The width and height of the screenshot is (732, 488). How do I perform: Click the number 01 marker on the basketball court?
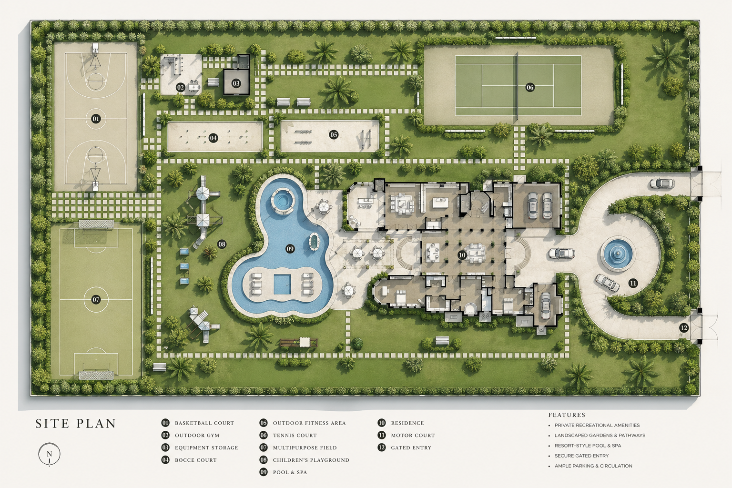click(96, 119)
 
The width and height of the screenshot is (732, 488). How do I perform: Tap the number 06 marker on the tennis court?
click(530, 87)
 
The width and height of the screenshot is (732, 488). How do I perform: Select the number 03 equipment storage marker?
click(236, 83)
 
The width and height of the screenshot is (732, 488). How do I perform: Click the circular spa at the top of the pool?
click(281, 199)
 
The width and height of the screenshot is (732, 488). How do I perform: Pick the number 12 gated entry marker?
click(683, 328)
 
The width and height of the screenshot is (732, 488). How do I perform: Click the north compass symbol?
click(50, 454)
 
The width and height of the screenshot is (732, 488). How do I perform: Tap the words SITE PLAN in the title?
click(75, 424)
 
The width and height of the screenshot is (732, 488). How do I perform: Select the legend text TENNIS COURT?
click(295, 436)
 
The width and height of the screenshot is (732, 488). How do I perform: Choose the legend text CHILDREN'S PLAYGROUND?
click(311, 460)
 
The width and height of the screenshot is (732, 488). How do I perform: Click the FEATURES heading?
click(567, 415)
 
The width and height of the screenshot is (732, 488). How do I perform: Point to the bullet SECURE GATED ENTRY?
click(582, 456)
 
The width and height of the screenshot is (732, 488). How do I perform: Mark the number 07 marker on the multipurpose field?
click(96, 299)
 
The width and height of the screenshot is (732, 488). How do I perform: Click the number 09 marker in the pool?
click(290, 249)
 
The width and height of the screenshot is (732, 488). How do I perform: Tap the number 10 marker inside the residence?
click(462, 255)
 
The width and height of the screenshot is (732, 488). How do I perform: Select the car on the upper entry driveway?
click(662, 183)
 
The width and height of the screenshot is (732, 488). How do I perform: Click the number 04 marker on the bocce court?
click(213, 138)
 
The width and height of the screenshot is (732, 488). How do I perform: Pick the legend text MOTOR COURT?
click(413, 436)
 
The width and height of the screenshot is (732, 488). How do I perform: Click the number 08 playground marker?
click(222, 244)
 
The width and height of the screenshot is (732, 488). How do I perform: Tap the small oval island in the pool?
click(314, 242)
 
